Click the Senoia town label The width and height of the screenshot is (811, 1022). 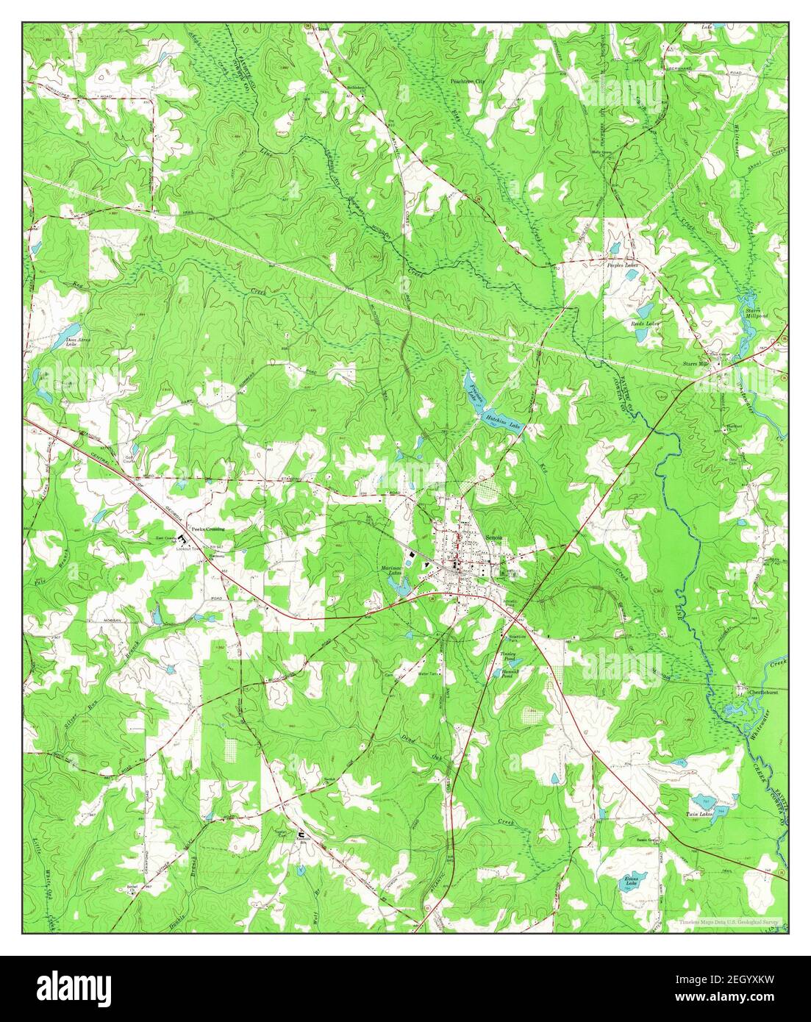(492, 538)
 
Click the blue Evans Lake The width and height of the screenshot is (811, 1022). (627, 879)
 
